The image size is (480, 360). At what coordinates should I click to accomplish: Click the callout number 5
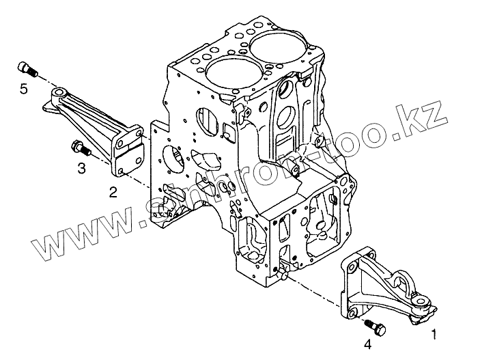[x=23, y=89]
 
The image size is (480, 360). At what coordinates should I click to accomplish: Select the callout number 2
[x=113, y=192]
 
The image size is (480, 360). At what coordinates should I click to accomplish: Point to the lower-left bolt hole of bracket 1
[x=352, y=314]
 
